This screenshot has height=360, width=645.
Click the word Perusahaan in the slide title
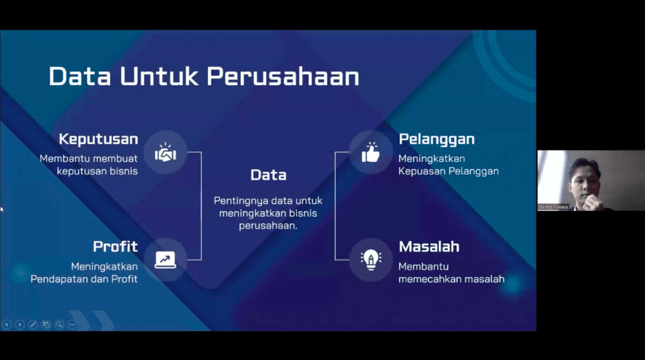(283, 77)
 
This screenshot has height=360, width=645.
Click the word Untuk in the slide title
(159, 77)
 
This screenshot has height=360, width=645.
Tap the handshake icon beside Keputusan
(165, 153)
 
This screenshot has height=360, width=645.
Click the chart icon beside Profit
(165, 260)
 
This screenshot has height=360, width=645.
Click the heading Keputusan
(98, 140)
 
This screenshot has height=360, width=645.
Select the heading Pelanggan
(436, 140)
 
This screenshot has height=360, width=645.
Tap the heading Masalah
(429, 247)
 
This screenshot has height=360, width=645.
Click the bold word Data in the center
(268, 175)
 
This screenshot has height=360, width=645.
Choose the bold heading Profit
(115, 247)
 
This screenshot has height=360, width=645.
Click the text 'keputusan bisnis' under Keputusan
(97, 171)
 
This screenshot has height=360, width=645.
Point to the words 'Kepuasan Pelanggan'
(448, 171)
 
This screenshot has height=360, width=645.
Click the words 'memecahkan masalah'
(451, 279)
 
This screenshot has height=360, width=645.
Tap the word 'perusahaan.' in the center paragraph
(268, 225)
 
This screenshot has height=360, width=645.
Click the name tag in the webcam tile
(553, 207)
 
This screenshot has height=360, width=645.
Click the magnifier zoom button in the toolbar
(59, 324)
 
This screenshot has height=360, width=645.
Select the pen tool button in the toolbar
(33, 324)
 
